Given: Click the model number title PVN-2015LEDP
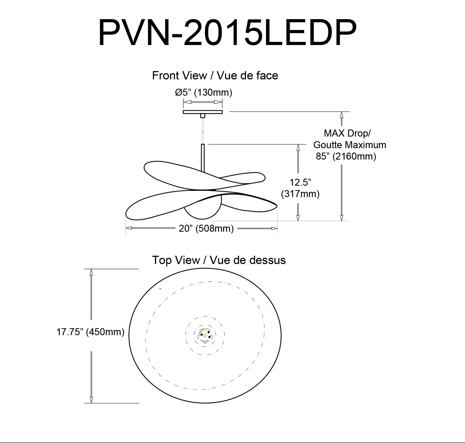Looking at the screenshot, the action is [x=227, y=33].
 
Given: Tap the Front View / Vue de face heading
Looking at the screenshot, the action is [x=215, y=75].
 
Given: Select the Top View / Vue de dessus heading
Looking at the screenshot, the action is [x=219, y=260].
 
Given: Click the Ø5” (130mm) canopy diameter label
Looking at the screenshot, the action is [x=204, y=92].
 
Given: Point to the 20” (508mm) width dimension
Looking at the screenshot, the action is [x=206, y=228].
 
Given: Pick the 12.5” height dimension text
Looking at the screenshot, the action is [x=300, y=182].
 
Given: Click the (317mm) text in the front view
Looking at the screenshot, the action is [x=300, y=194].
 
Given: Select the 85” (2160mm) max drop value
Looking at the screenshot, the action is [x=346, y=156].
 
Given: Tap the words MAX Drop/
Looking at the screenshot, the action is [x=347, y=133].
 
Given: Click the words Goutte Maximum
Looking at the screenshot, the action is [x=350, y=145].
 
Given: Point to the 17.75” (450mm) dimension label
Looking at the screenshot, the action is [x=90, y=332].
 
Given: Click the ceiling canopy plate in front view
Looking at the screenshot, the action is [x=203, y=112].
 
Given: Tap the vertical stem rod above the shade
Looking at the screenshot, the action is [x=203, y=158].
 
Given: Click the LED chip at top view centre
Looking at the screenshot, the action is [x=205, y=336].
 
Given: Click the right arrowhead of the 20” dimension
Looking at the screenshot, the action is [x=274, y=228].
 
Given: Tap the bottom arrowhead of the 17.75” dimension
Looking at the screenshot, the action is [x=91, y=400].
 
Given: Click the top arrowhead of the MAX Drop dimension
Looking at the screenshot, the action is [x=342, y=115].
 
